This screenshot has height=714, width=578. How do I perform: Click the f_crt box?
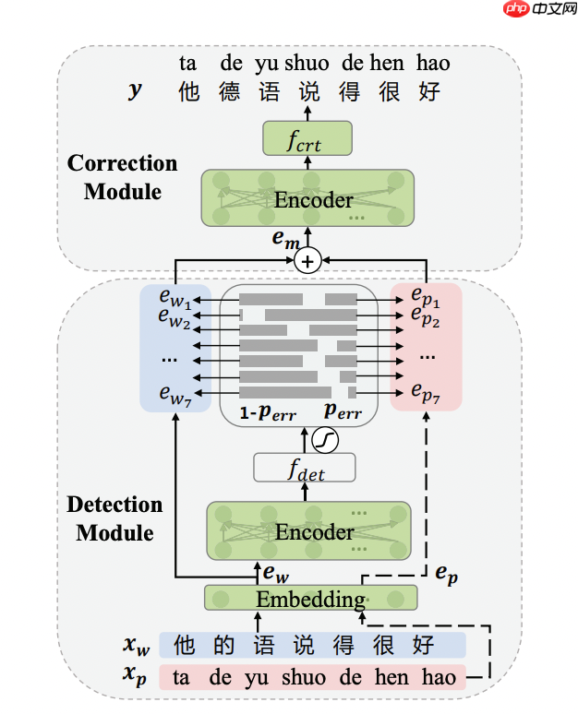coord(307,138)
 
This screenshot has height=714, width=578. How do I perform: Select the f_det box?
coord(305,468)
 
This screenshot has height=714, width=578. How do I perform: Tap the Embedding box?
coord(310,599)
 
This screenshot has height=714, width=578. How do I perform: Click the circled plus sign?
coord(307,262)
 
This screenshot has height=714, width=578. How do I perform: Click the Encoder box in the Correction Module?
coord(307,199)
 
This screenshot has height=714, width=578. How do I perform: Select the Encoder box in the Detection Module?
coord(308,531)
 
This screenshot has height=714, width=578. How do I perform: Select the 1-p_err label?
coord(260,411)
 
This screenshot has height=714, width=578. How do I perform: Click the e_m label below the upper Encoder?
coord(284,239)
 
